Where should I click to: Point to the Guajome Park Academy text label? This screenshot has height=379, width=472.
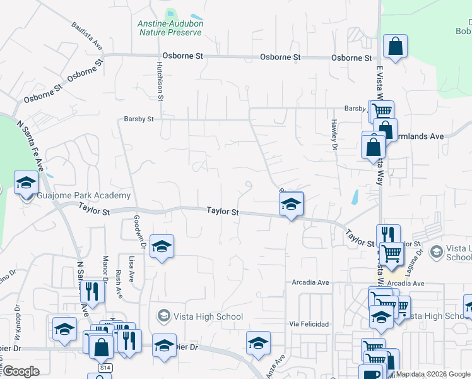(83, 196)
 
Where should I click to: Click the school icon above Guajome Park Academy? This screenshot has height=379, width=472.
(26, 183)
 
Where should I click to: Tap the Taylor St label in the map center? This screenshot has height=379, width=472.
(223, 213)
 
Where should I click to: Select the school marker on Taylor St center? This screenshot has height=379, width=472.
(291, 205)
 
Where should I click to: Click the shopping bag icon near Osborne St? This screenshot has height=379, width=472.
(395, 46)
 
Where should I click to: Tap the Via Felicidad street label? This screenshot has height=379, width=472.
(309, 324)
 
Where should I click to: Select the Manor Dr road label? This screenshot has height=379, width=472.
(105, 269)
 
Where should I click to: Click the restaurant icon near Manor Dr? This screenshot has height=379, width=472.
(94, 291)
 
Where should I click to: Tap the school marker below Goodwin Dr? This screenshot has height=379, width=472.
(162, 246)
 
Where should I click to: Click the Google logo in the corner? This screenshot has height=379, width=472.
(21, 371)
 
